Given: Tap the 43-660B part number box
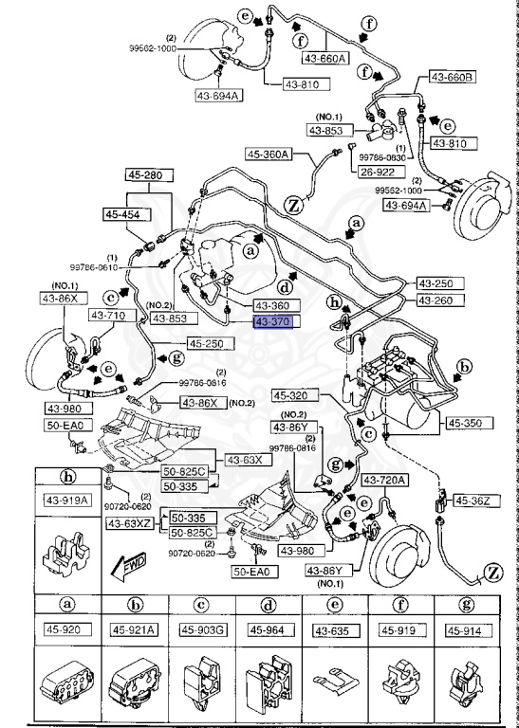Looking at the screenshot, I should (454, 77).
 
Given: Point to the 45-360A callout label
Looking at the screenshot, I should (269, 155).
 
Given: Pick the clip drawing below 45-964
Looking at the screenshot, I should (266, 682).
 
